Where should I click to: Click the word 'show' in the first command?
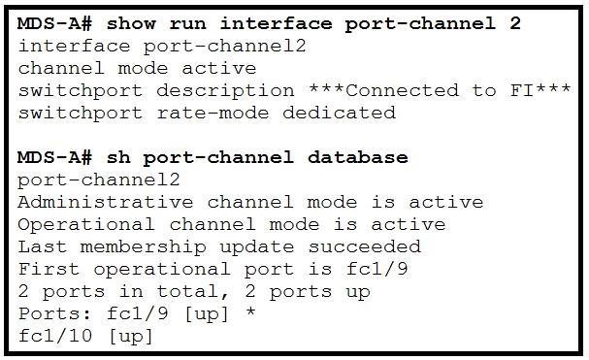point(131,23)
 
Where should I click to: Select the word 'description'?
point(225,91)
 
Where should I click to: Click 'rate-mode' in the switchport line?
point(213,113)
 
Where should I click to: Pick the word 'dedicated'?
point(340,113)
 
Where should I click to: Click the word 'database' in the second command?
point(358,157)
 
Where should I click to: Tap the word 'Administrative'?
point(106,202)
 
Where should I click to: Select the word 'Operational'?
point(86,225)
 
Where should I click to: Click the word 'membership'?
point(143,247)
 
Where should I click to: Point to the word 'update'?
point(257,247)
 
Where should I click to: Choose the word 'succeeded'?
point(365,246)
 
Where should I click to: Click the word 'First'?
point(49,269)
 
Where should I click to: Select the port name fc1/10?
point(55,336)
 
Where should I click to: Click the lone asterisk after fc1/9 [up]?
point(250,311)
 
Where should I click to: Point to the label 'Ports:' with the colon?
point(55,313)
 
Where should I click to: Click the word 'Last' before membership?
point(43,246)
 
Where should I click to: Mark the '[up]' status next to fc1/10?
point(131,337)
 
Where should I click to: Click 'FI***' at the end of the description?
point(540,90)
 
